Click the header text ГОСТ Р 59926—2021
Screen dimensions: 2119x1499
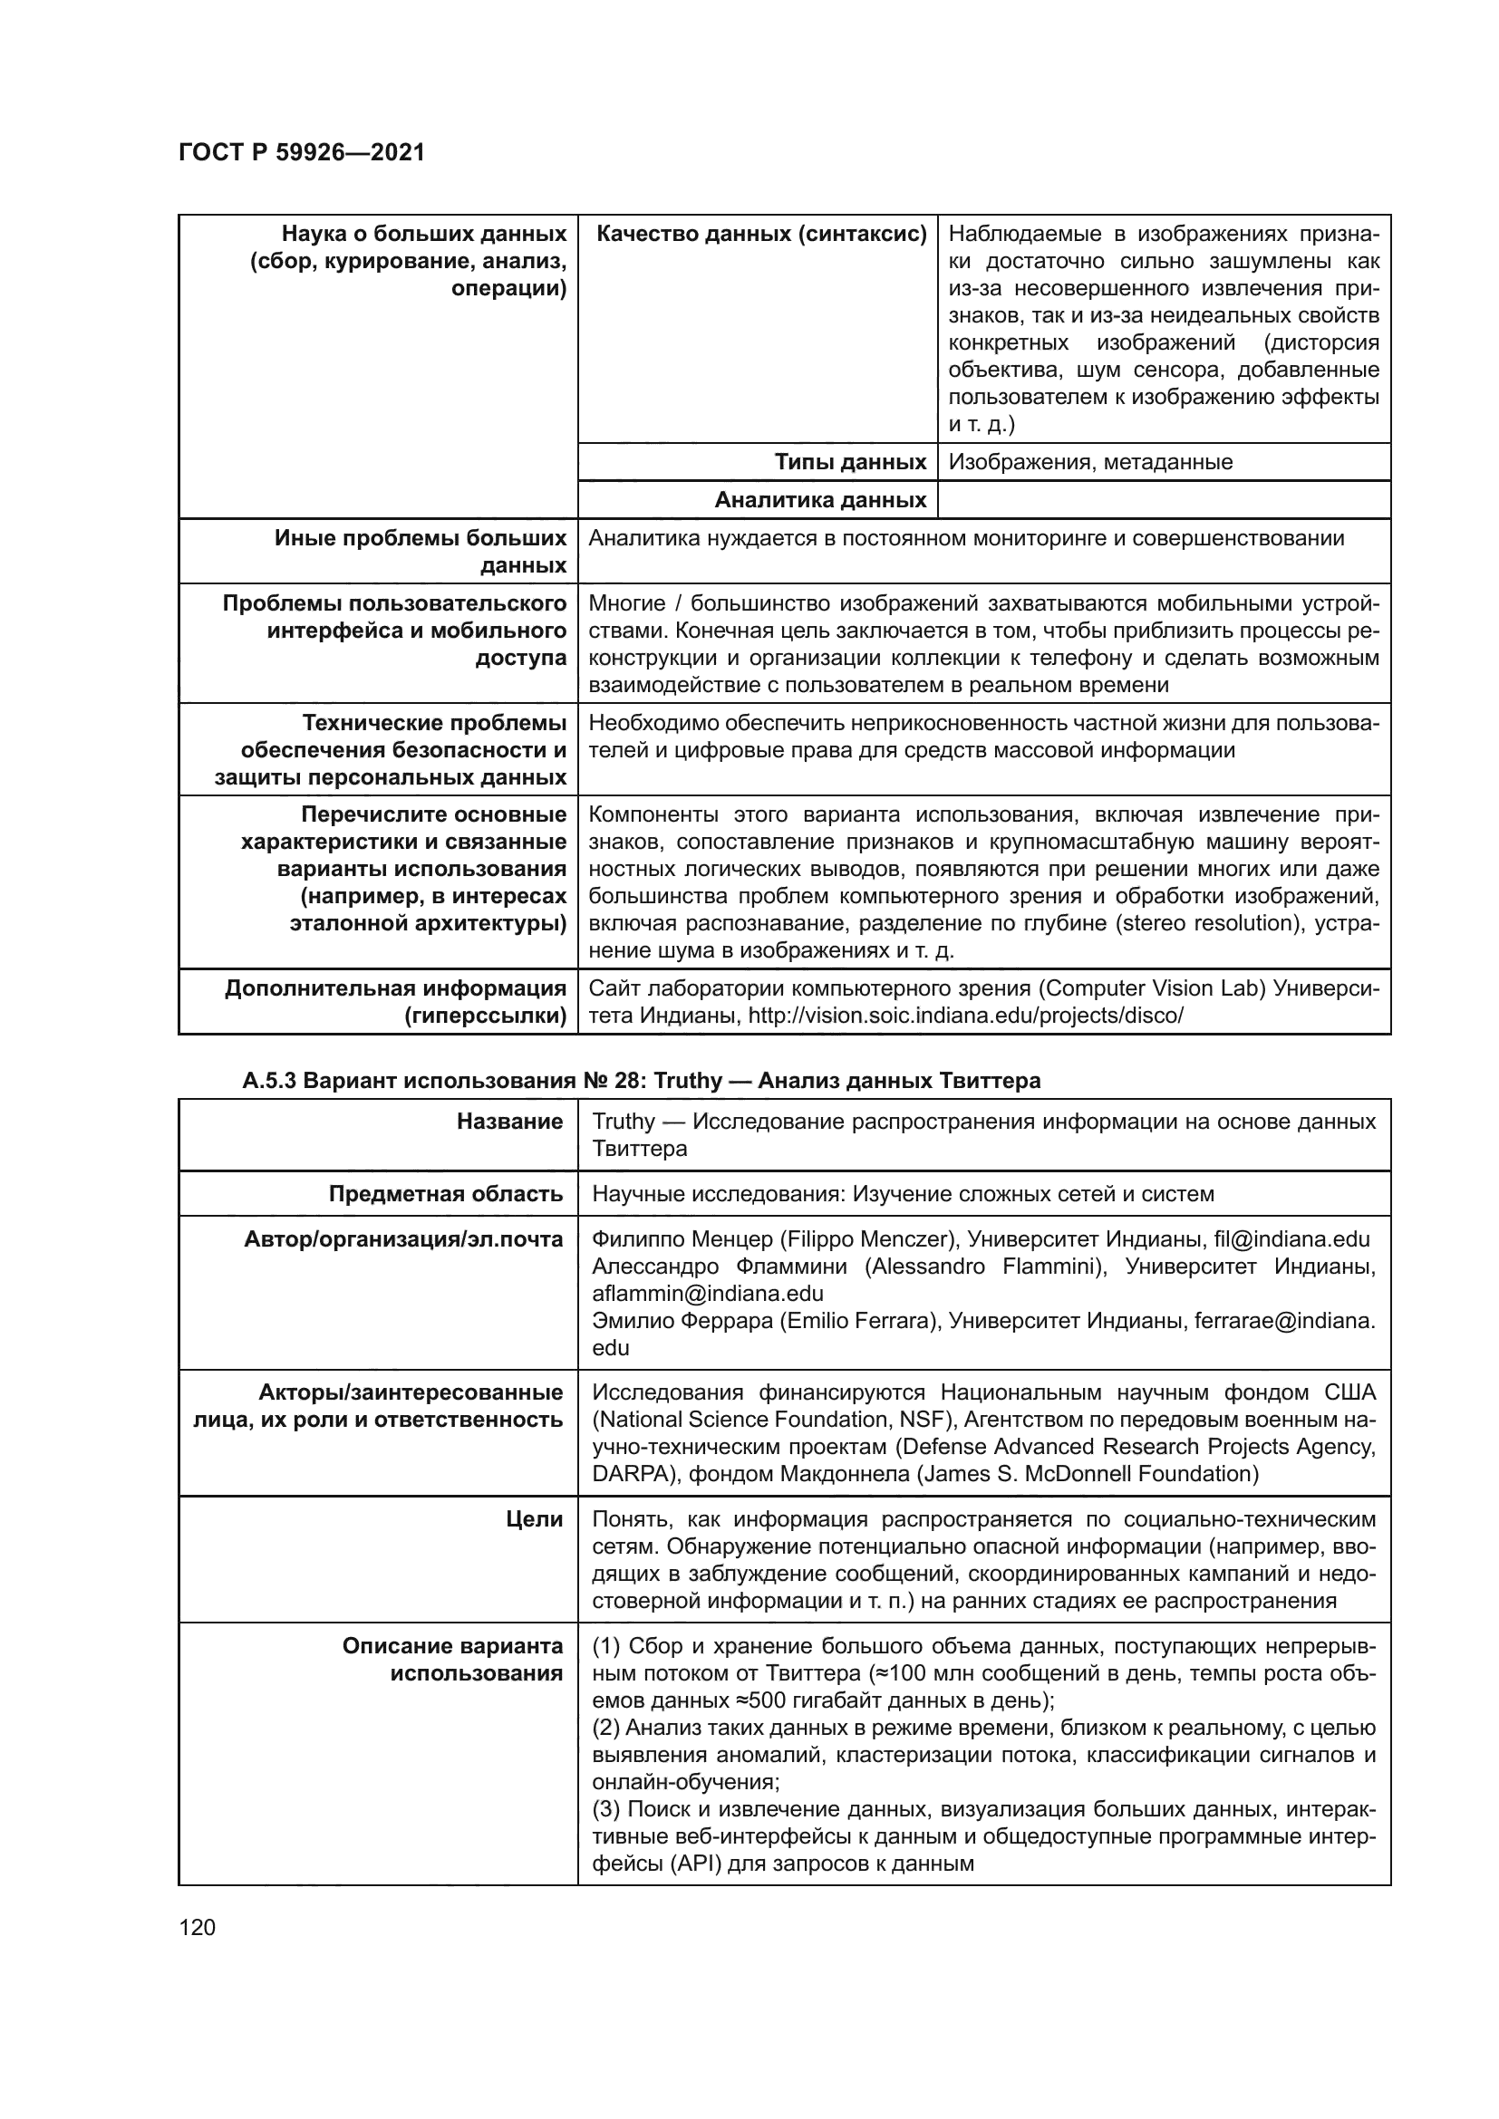click(301, 152)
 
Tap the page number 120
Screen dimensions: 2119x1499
click(197, 1927)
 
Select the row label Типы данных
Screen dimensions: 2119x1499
click(850, 461)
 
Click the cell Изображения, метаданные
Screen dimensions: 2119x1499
click(1090, 461)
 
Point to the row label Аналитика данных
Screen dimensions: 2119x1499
click(819, 500)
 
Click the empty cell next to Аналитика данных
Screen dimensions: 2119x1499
click(1163, 500)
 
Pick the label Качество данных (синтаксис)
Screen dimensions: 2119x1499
click(760, 235)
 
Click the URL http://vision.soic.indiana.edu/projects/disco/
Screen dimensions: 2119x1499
click(965, 1016)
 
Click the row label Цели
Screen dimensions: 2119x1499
click(535, 1519)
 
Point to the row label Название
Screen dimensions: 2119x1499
click(509, 1122)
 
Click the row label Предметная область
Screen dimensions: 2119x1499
click(446, 1194)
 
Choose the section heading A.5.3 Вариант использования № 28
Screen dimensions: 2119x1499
click(641, 1081)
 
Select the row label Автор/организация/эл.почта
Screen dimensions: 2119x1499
click(403, 1239)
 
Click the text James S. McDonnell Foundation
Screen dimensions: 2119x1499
click(1088, 1474)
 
